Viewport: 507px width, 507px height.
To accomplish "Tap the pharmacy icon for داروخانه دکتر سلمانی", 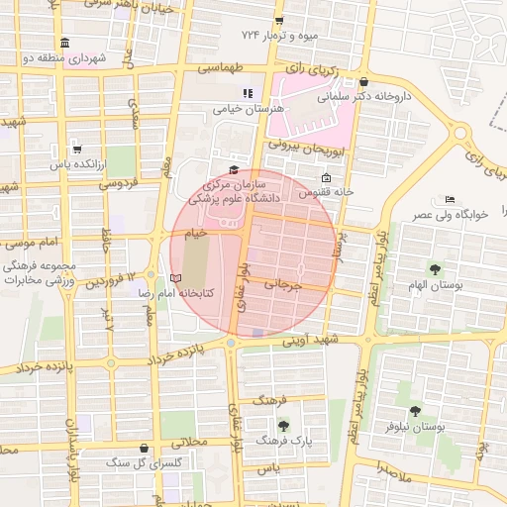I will pyautogui.click(x=364, y=81).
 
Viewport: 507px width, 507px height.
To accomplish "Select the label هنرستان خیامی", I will pyautogui.click(x=249, y=107).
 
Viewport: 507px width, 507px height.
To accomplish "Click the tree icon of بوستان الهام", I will pyautogui.click(x=435, y=268).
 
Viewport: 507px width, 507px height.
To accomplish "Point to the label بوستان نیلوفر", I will pyautogui.click(x=413, y=426).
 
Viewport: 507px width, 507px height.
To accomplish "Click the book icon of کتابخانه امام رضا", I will pyautogui.click(x=176, y=279).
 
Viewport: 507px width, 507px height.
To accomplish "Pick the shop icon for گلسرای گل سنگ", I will pyautogui.click(x=146, y=448).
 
